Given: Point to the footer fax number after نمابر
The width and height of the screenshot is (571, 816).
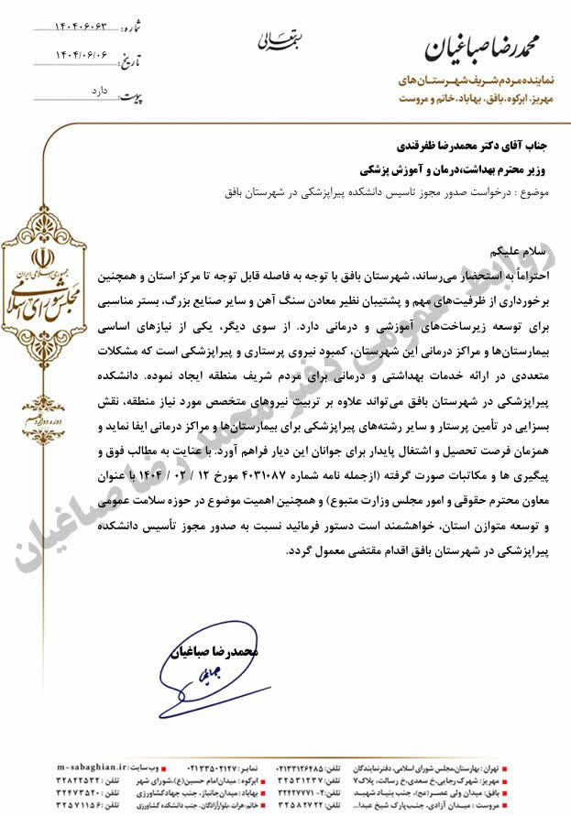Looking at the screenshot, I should click(x=225, y=766).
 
